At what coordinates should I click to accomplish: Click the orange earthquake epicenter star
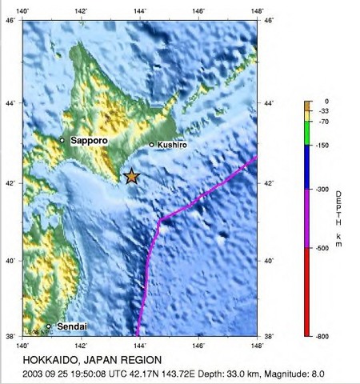coord(132,176)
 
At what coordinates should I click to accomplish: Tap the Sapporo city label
coord(89,141)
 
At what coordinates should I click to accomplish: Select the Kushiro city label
coord(173,145)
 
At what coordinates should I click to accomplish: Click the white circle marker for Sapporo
coord(62,140)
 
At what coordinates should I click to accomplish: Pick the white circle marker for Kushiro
coord(152,145)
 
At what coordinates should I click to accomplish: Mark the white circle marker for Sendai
coord(49,326)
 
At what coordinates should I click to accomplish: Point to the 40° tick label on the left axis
coord(12,261)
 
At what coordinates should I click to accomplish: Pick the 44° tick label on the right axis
coord(269,103)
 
